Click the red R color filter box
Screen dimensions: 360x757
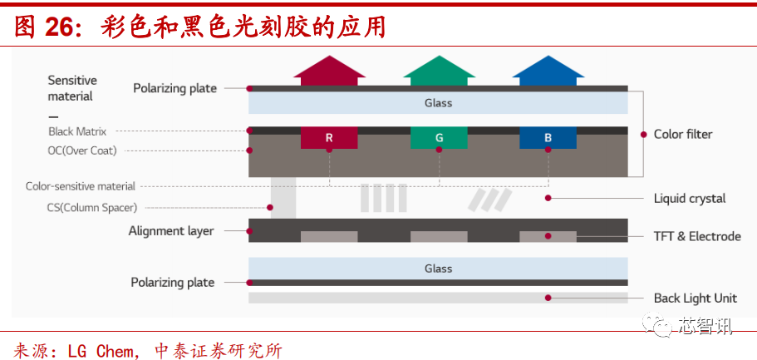pos(329,137)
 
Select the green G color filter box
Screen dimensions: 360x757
pos(439,137)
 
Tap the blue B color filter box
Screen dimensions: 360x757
pos(548,137)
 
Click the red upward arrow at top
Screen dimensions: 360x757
pos(329,71)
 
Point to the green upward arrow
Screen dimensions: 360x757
pos(439,71)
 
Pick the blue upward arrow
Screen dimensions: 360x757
pos(548,71)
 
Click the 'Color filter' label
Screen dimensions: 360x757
pos(683,134)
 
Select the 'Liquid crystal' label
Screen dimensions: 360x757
pos(690,198)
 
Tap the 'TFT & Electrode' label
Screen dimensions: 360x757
pos(696,236)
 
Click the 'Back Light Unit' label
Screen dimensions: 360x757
pos(695,298)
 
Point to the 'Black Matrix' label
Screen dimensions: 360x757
pos(77,131)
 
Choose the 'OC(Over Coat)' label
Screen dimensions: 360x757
pos(82,150)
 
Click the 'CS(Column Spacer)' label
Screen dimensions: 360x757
pos(92,207)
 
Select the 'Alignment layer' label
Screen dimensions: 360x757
pos(171,231)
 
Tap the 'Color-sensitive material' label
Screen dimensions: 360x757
pos(81,186)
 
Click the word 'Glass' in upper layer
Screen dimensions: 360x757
pos(438,103)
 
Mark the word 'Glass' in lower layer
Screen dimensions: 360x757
pos(438,269)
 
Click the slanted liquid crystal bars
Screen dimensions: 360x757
pos(490,199)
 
